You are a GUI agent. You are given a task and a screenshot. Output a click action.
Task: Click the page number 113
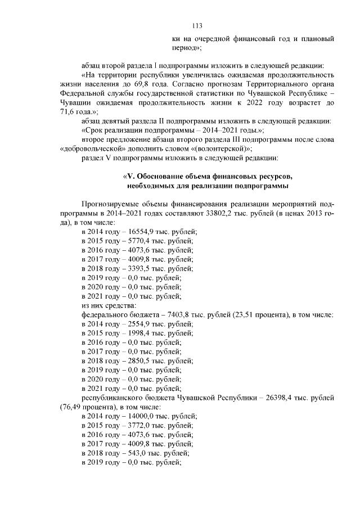[x=197, y=26]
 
